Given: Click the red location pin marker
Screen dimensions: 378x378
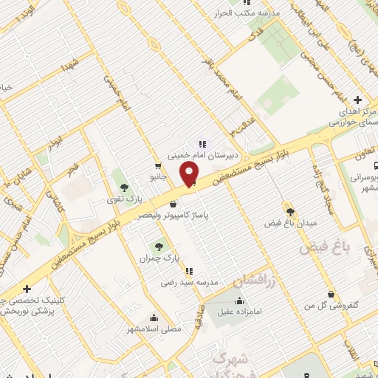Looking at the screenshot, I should [x=190, y=173].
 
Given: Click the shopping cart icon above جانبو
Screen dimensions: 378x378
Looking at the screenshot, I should [x=159, y=166].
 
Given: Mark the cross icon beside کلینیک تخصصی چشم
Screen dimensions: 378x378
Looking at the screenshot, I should [x=27, y=289].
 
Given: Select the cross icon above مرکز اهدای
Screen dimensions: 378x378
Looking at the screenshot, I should [x=357, y=100].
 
